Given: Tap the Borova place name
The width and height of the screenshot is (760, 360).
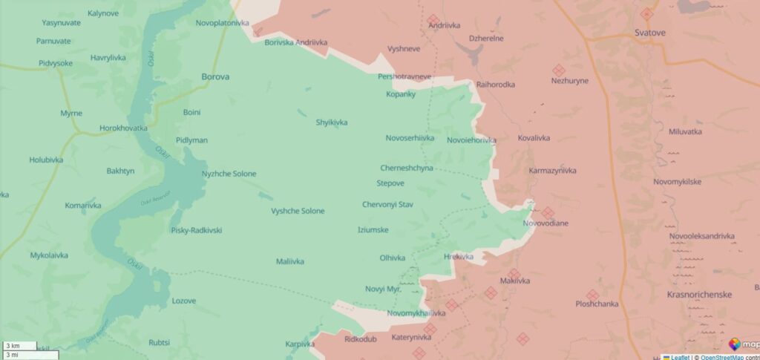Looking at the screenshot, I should [215, 76].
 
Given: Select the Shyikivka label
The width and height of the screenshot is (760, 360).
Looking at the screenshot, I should [332, 122].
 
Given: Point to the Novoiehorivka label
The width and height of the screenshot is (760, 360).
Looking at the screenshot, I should [471, 140].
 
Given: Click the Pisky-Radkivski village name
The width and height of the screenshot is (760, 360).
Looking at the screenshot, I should [196, 230].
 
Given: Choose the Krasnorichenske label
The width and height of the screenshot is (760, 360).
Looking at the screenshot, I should [699, 295].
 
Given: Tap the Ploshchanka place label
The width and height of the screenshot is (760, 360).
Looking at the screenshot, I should [597, 304].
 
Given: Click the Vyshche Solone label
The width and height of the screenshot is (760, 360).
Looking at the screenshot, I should [298, 211].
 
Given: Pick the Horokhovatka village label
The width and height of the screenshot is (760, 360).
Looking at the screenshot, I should [123, 128].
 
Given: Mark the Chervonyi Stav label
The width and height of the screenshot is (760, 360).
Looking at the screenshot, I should [387, 204].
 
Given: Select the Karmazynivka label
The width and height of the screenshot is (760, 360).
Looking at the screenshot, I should [552, 171].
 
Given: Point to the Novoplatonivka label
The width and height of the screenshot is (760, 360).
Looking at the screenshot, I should [223, 23].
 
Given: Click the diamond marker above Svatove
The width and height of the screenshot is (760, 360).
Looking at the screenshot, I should [646, 13].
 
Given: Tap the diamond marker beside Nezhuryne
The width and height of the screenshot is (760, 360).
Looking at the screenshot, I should [559, 70].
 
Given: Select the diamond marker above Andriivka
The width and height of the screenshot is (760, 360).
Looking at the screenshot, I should [433, 19].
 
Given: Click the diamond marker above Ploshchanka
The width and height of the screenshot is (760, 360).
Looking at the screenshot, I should [592, 295].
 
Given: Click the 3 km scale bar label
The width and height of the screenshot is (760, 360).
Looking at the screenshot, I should [13, 346].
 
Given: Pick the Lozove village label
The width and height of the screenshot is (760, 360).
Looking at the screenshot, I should [183, 301].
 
